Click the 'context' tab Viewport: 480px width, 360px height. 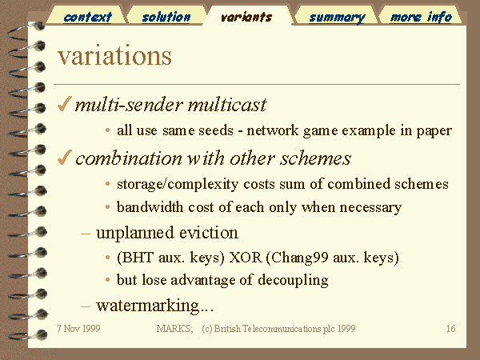pos(87,17)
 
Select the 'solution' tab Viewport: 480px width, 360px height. pos(166,17)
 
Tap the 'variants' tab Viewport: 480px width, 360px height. pos(246,17)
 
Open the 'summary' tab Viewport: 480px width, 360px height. pos(337,18)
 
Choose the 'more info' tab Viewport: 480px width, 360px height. pos(421,17)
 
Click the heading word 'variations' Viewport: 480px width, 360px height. pos(114,56)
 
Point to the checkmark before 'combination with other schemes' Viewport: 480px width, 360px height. pos(64,158)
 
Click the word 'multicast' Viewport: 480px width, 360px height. pos(227,105)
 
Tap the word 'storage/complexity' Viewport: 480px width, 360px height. pos(178,185)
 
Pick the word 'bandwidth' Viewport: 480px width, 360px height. pos(150,207)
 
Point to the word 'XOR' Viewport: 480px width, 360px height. pos(246,258)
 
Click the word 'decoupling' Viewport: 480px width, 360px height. pos(293,281)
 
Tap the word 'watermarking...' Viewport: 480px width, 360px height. pos(154,306)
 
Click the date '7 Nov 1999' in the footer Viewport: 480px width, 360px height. pos(78,329)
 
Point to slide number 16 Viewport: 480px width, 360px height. pos(451,329)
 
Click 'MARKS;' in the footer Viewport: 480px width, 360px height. pos(174,329)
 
